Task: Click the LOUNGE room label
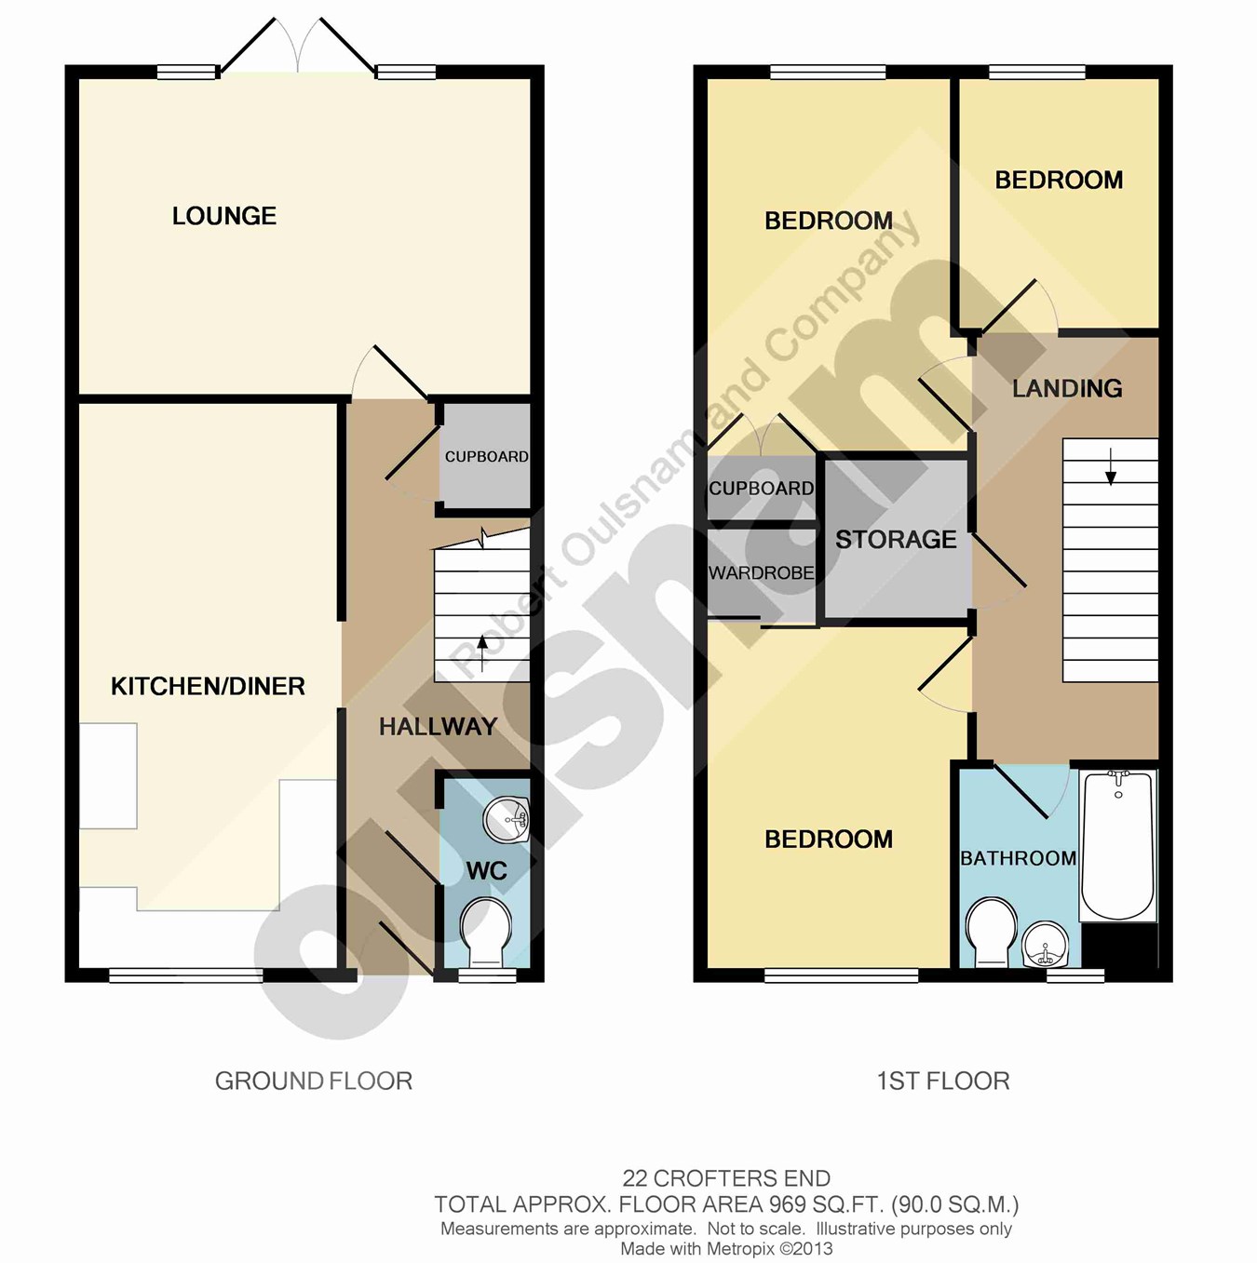click(x=224, y=216)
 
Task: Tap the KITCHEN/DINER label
click(x=208, y=686)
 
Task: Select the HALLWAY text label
click(x=438, y=726)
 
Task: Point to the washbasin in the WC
click(x=506, y=819)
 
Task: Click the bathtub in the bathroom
click(x=1118, y=845)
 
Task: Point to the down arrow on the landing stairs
click(x=1111, y=466)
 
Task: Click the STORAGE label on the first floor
click(x=896, y=540)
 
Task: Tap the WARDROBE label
click(x=762, y=572)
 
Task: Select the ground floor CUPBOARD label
click(x=487, y=457)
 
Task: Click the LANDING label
click(x=1067, y=388)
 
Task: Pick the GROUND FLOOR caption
click(x=314, y=1081)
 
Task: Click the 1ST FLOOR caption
click(x=943, y=1081)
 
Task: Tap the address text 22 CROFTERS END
click(x=726, y=1178)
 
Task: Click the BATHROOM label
click(x=1019, y=858)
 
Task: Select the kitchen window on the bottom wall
click(x=185, y=976)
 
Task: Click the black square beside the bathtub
click(x=1119, y=946)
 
